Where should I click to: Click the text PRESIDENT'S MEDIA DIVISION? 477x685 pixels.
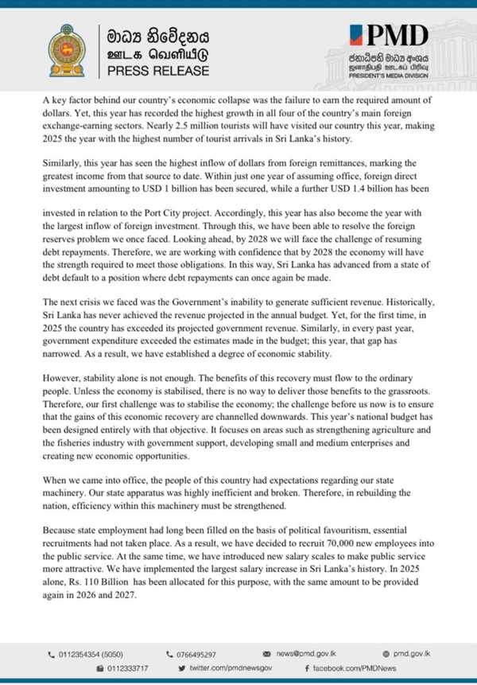point(394,78)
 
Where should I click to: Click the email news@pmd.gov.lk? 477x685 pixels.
point(315,653)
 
